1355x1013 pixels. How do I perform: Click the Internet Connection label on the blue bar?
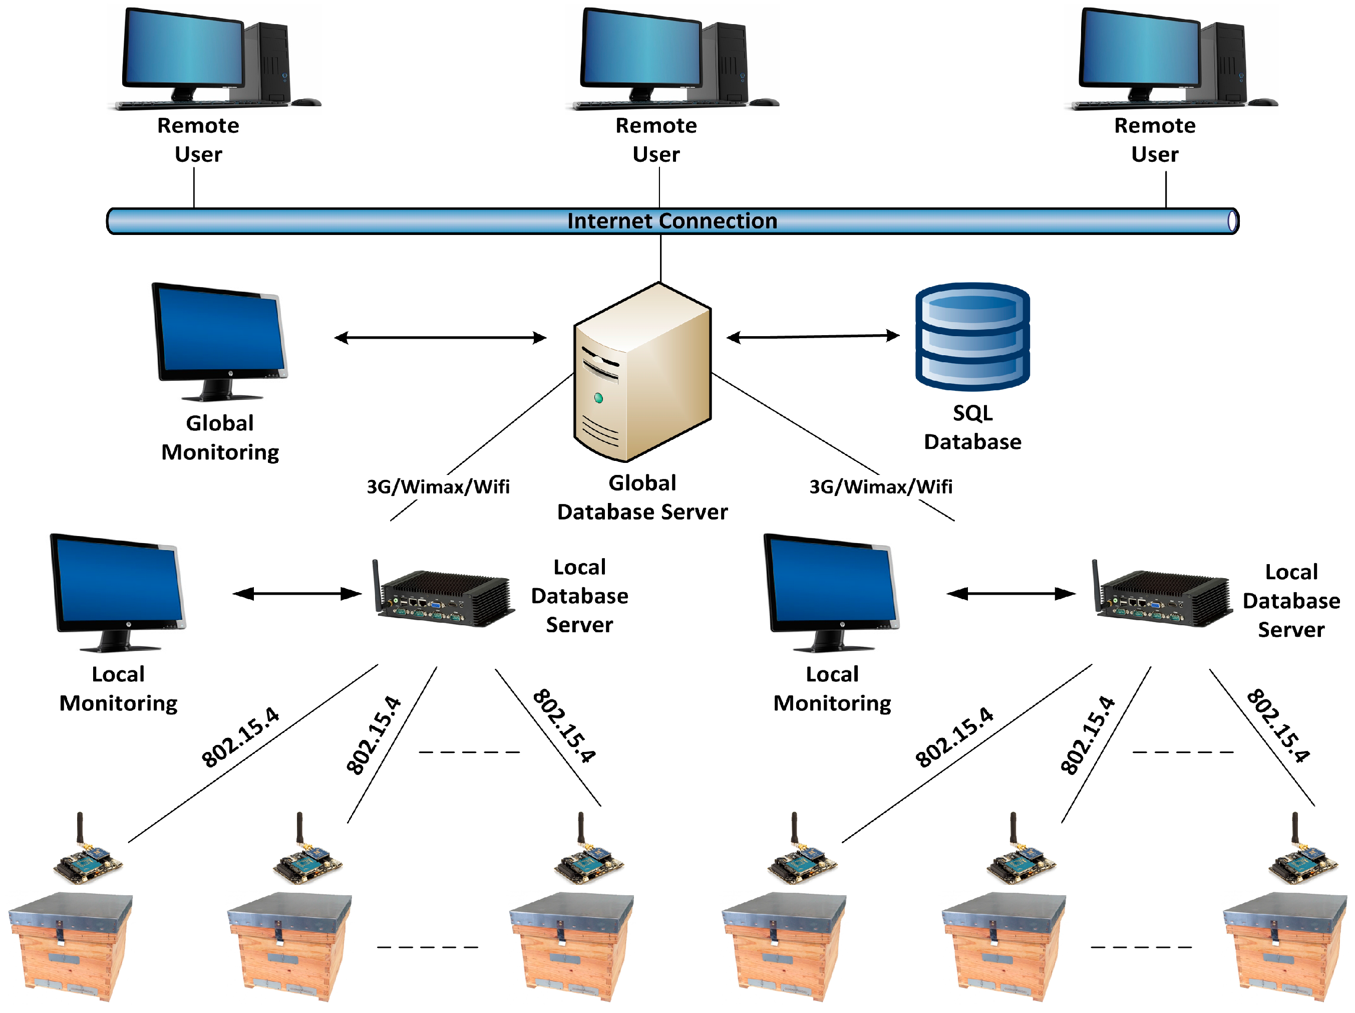point(672,220)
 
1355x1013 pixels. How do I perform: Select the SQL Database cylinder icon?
point(972,337)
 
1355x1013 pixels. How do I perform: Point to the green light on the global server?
point(598,398)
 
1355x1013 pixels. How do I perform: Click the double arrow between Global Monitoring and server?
point(440,338)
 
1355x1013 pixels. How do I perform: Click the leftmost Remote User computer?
point(202,59)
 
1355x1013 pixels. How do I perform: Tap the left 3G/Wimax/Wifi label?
point(438,487)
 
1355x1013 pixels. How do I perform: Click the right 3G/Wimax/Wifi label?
point(881,487)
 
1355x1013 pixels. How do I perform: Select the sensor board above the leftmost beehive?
point(88,858)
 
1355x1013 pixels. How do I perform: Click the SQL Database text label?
point(972,427)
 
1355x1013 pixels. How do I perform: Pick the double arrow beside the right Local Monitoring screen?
point(1010,593)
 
